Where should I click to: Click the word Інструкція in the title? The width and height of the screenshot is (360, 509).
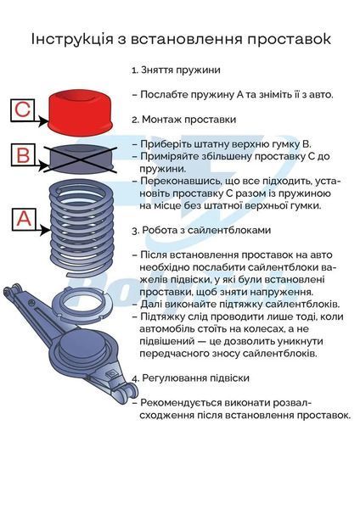tap(72, 39)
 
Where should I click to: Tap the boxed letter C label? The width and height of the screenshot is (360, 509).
tap(22, 110)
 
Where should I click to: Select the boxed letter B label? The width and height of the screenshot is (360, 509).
tap(23, 155)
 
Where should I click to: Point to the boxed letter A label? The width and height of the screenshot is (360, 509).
tap(24, 219)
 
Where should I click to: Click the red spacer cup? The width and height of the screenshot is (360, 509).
tap(80, 112)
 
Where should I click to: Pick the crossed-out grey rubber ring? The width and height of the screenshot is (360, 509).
tap(81, 159)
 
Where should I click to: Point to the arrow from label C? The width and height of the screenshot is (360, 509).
tap(42, 121)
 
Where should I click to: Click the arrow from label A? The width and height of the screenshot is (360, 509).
tap(43, 230)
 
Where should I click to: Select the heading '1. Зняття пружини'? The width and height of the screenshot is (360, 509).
tap(176, 70)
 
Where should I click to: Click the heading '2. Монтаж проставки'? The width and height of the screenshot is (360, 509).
tap(184, 120)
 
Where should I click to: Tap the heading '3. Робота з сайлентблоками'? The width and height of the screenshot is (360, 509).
tap(201, 230)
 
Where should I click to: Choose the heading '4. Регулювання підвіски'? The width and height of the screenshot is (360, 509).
tap(191, 378)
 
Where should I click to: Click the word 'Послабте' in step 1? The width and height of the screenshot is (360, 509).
tap(164, 95)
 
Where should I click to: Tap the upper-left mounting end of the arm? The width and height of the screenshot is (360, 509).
tap(13, 291)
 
